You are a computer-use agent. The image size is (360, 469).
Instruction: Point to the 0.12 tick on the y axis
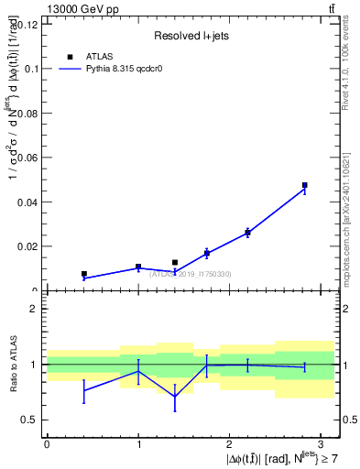[27, 25]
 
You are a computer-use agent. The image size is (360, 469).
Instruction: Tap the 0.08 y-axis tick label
[27, 113]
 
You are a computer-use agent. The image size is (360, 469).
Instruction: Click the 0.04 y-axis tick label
[27, 202]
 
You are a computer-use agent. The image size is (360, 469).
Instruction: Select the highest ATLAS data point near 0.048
[304, 185]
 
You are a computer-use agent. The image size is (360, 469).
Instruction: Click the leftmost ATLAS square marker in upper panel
[83, 274]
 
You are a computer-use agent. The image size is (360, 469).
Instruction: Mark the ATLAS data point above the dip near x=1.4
[175, 262]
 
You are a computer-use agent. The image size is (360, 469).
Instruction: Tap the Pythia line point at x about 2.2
[247, 233]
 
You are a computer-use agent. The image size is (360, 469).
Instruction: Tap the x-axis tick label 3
[322, 442]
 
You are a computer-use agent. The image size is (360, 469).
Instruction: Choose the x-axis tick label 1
[138, 442]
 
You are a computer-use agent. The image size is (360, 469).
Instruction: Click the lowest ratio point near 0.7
[175, 397]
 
